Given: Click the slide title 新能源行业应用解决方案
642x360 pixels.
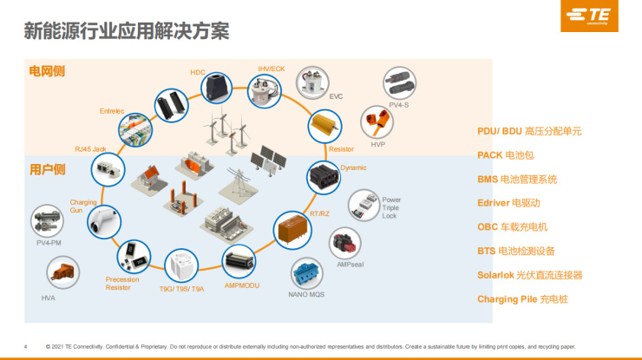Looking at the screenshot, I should [127, 31].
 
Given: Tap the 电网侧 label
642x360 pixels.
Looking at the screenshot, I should [47, 71].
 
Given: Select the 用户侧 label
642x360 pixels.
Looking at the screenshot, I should [47, 169].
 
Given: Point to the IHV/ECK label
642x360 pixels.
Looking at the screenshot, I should [272, 68].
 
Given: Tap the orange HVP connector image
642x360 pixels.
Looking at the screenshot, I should [376, 123].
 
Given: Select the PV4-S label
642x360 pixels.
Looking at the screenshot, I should [399, 105].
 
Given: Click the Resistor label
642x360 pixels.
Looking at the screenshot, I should [342, 149].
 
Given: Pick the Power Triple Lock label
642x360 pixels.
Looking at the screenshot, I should [391, 207].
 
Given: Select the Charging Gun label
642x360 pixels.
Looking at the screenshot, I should [83, 206].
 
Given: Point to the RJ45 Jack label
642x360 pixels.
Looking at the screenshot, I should [90, 148].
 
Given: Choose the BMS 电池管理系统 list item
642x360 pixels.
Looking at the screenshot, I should [517, 180].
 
